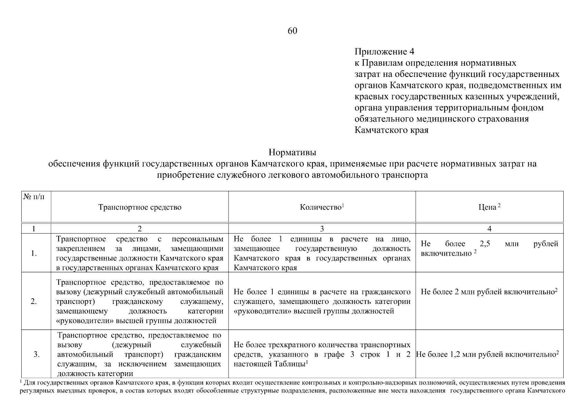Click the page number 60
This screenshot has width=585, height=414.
292,31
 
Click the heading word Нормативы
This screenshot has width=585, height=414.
292,152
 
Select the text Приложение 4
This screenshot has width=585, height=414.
384,52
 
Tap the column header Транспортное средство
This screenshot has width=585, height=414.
140,207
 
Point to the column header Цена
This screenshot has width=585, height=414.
489,207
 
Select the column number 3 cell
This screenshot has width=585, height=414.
322,228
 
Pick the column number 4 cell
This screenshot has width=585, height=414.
489,228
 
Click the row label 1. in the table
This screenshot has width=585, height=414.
34,254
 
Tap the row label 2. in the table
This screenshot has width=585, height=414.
34,302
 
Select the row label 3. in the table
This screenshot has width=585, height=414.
37,354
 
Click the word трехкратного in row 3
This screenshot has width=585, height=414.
283,345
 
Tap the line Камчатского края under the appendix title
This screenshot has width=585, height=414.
391,130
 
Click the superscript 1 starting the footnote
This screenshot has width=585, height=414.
21,381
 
